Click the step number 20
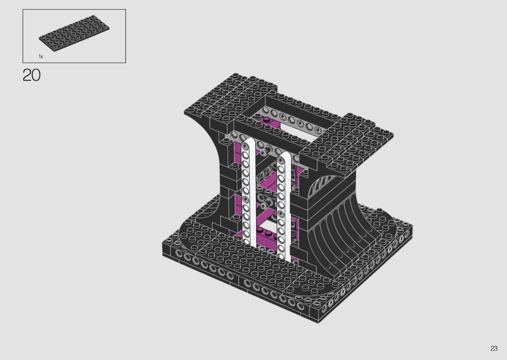tap(32, 75)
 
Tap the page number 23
tap(494, 348)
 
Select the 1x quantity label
tap(41, 56)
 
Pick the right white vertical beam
tap(284, 207)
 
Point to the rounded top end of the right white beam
tap(284, 155)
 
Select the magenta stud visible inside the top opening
tap(267, 120)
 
